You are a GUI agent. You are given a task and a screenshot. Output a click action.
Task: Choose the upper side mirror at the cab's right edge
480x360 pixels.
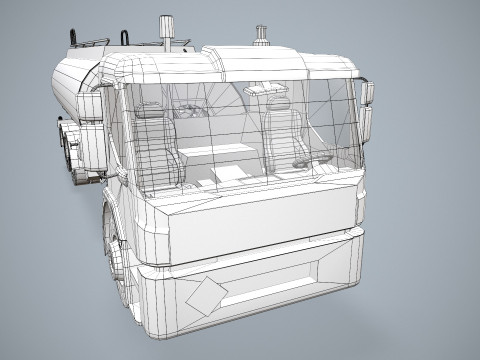click(367, 95)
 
